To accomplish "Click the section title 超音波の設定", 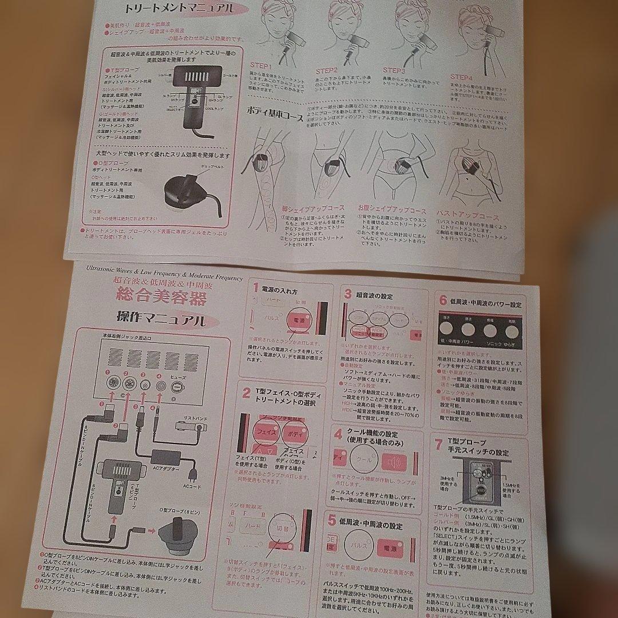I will [x=375, y=296].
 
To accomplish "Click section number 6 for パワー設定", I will [x=443, y=300].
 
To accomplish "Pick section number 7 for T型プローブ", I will [x=438, y=444].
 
